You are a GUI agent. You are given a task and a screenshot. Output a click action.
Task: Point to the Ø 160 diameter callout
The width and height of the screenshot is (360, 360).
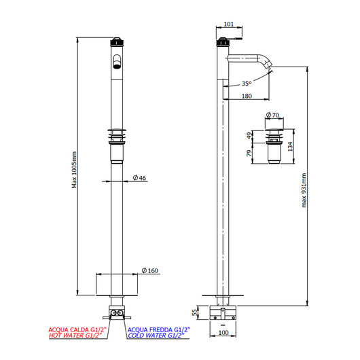[x=149, y=271]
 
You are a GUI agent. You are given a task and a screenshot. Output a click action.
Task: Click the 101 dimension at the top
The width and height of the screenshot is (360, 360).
[x=229, y=24]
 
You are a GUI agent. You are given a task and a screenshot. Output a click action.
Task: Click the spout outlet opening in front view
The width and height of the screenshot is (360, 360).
[x=117, y=65]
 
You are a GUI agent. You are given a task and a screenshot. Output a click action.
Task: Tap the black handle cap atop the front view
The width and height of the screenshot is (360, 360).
[x=117, y=41]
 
